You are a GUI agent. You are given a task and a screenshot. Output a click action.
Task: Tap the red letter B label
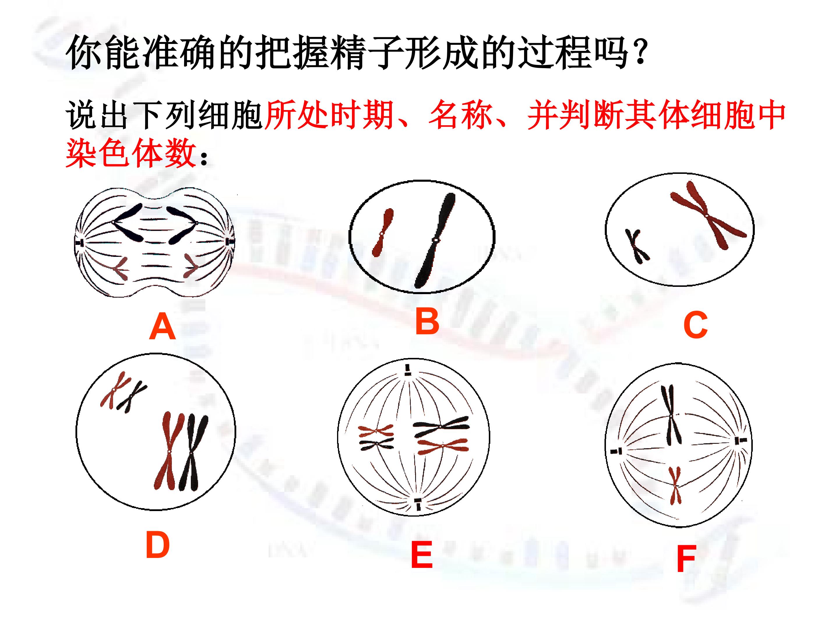tap(427, 321)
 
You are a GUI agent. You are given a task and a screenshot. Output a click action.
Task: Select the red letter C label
tap(695, 325)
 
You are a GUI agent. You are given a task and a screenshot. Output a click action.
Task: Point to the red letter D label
tap(157, 545)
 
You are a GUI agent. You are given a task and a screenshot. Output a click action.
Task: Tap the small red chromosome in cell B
tap(382, 233)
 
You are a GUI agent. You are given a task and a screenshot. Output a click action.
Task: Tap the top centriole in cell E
tap(407, 370)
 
